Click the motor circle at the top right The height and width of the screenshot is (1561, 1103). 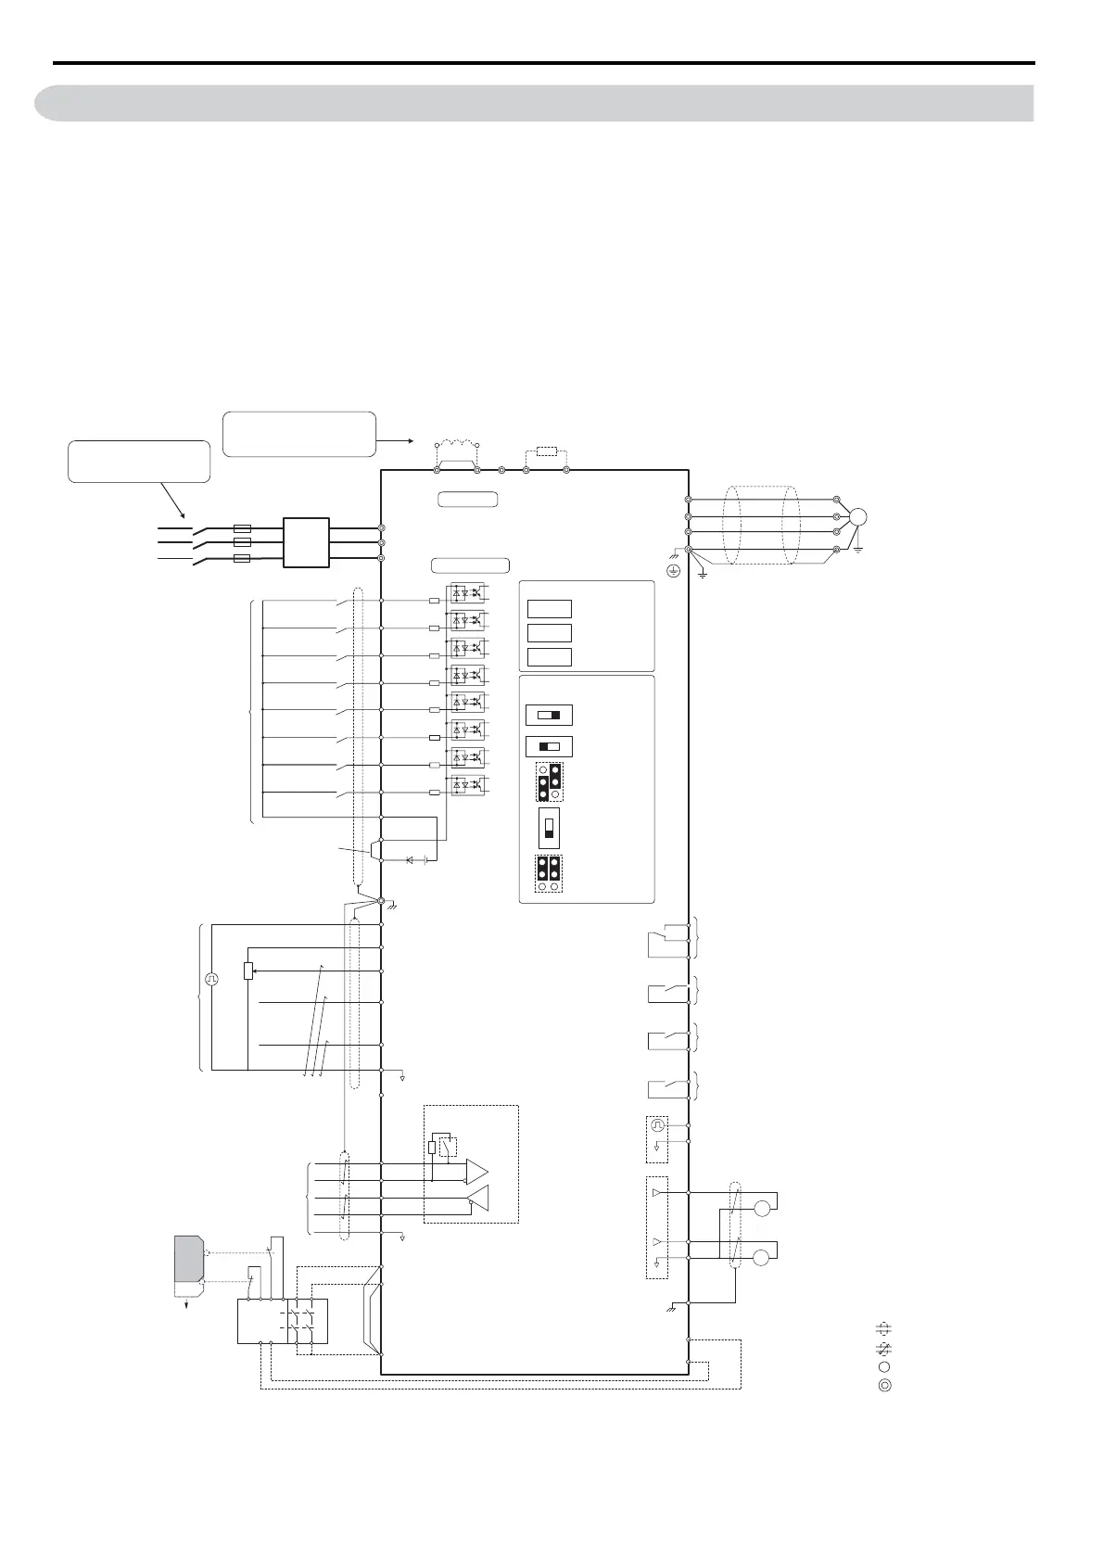(857, 517)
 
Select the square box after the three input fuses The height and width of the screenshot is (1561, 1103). (306, 542)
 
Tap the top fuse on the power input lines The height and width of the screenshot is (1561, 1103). (243, 527)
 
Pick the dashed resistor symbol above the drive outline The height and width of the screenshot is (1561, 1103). (546, 452)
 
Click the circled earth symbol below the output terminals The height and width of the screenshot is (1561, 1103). (674, 571)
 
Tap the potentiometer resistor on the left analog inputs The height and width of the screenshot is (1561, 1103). (248, 971)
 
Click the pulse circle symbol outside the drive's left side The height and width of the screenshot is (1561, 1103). (211, 978)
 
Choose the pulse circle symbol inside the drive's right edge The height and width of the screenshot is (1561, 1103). (657, 1125)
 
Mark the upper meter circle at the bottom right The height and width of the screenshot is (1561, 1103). (762, 1209)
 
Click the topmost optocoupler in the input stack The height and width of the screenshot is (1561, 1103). (466, 592)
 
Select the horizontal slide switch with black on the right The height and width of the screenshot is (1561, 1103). (549, 716)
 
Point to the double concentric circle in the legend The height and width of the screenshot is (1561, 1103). (884, 1387)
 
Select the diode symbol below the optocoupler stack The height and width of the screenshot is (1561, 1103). (410, 860)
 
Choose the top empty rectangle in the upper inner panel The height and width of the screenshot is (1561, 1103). (549, 609)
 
